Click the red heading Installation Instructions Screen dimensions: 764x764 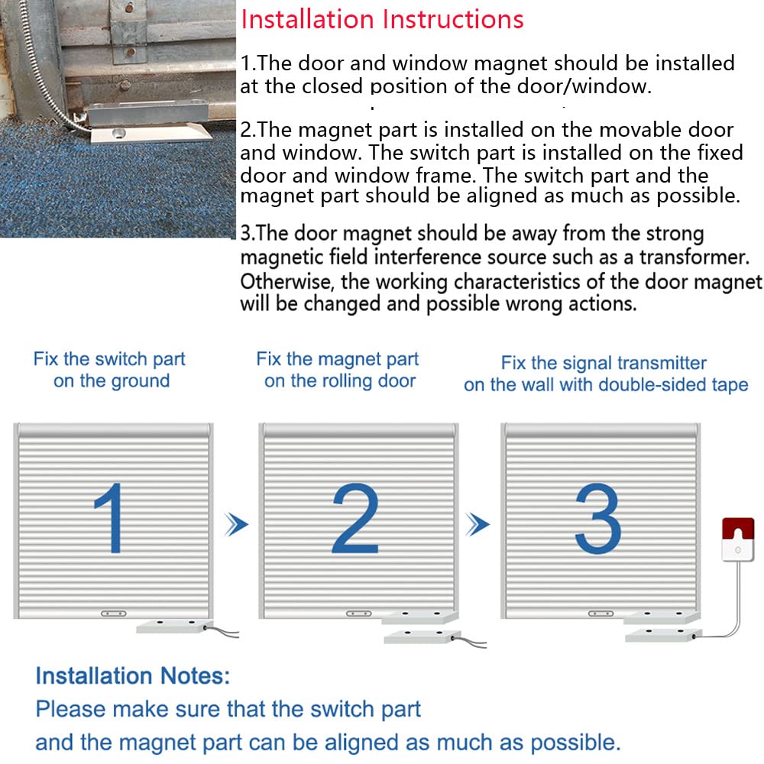tap(382, 19)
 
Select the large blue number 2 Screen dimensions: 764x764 tap(356, 520)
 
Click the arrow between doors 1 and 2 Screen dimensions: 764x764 tap(238, 524)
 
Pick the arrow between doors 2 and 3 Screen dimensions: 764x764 tap(478, 524)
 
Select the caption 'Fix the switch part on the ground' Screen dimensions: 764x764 tap(110, 370)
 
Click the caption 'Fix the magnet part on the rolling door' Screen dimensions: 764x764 tap(338, 370)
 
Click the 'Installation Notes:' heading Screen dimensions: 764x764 tap(132, 675)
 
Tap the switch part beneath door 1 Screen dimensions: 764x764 tap(172, 626)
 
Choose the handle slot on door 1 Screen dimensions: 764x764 tap(114, 613)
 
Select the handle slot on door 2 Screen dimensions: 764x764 tap(358, 613)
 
